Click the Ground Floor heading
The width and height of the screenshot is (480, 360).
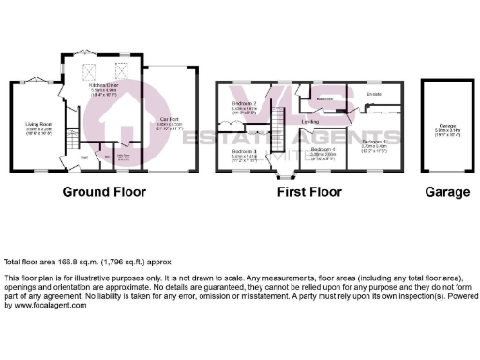coord(104,192)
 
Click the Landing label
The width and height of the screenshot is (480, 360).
coord(309,122)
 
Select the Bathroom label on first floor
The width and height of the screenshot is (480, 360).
coord(324,98)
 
